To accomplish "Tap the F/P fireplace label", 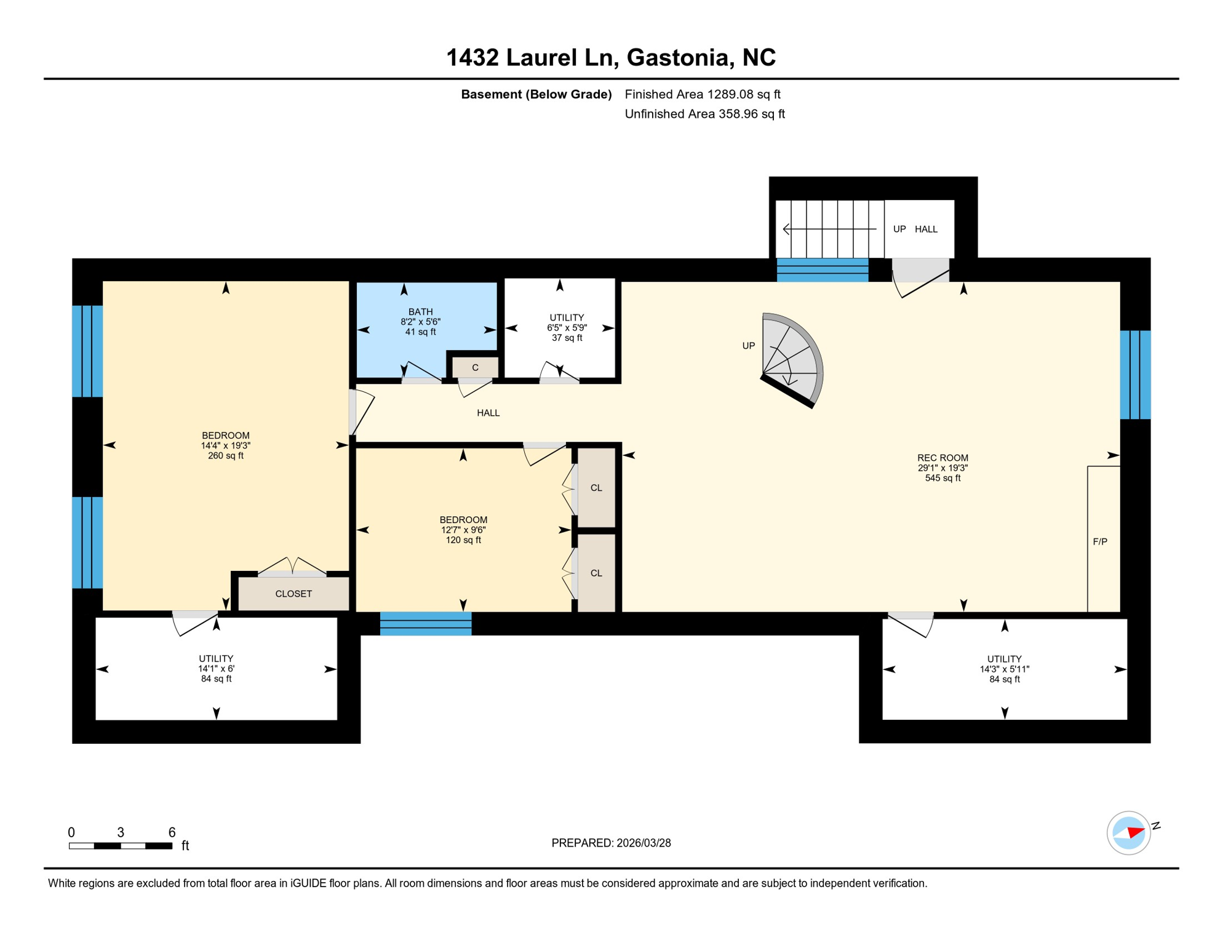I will point(1099,541).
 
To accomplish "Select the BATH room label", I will point(420,312).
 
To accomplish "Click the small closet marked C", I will point(475,367).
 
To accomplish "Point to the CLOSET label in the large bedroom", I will point(293,594).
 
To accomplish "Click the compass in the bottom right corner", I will point(1128,833).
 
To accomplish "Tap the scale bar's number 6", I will point(172,832).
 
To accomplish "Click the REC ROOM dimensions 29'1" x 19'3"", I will point(942,468).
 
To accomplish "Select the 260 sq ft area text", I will point(226,456).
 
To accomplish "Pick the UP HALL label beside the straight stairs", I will point(915,229).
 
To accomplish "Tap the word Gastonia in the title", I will point(677,57).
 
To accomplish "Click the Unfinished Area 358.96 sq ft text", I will point(704,114).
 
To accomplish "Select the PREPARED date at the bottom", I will point(611,843).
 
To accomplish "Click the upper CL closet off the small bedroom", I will point(596,488).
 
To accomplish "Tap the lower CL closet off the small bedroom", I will point(596,573).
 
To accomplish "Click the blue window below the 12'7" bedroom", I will point(426,624).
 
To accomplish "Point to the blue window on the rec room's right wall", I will point(1135,375).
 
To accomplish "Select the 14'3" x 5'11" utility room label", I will point(1004,669).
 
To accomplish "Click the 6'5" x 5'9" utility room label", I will point(567,328).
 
